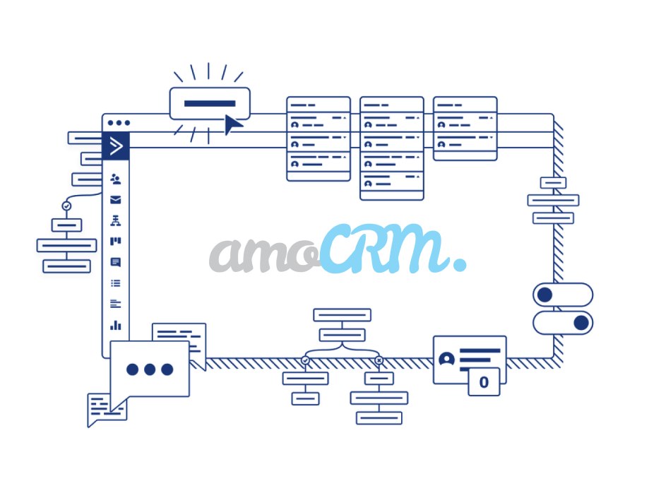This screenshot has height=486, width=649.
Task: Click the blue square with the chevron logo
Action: point(117,146)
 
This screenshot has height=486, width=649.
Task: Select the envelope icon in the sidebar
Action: point(116,200)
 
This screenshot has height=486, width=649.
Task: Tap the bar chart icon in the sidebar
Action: point(116,326)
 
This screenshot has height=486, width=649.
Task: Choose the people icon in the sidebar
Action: point(116,179)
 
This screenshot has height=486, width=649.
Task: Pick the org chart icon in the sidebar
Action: point(116,221)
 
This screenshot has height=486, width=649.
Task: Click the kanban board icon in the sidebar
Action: point(116,242)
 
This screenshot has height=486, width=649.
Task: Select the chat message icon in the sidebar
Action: point(116,263)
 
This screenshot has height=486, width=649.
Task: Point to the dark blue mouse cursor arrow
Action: point(233,125)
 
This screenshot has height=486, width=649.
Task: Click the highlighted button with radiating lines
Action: point(209,103)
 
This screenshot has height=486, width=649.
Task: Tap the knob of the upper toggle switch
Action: point(544,295)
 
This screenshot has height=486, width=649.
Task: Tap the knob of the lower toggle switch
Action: point(581,323)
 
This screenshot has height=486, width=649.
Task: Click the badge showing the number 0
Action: point(484,383)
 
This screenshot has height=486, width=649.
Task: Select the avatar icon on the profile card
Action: point(446,359)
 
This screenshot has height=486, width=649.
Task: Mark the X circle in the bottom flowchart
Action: point(379,361)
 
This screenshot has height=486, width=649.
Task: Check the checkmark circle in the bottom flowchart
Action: point(306,361)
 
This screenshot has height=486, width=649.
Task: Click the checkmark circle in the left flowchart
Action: point(66,206)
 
